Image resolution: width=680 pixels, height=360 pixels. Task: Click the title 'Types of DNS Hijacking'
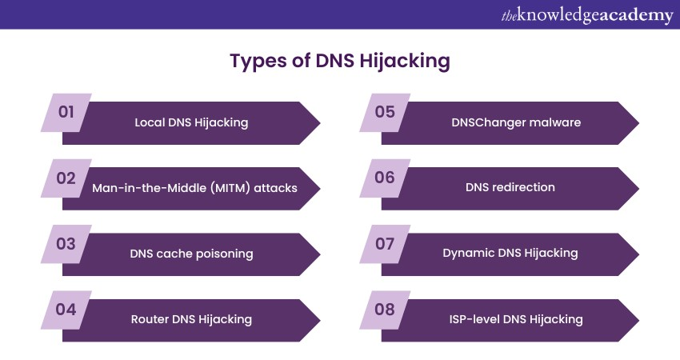[339, 62]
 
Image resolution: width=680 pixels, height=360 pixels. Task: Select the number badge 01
[66, 112]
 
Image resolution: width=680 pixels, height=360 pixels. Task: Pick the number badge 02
[66, 178]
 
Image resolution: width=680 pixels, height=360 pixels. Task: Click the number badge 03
[66, 243]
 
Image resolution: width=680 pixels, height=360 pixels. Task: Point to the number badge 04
[66, 309]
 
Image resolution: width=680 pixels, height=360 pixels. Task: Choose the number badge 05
[385, 112]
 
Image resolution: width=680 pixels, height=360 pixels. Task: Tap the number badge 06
[385, 178]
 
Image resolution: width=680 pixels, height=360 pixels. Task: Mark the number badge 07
[385, 243]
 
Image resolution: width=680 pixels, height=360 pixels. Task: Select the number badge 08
[385, 309]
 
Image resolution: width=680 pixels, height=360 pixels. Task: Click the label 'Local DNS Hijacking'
[191, 122]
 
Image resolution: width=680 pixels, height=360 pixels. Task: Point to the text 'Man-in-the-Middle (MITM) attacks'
[194, 188]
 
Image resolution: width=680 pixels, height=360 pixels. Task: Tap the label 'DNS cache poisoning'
[191, 254]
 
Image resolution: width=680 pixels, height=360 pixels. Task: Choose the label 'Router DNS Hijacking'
[191, 319]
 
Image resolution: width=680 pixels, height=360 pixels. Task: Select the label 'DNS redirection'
[510, 188]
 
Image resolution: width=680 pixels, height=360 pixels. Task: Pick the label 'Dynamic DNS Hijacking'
[510, 254]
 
